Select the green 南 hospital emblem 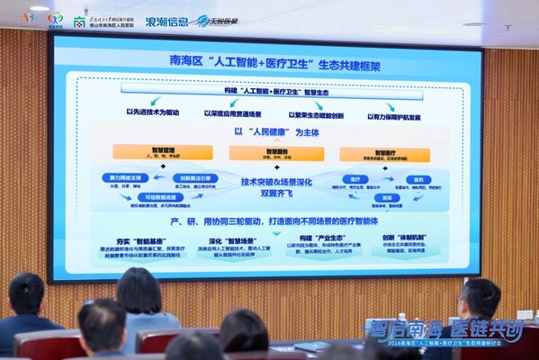pyautogui.click(x=79, y=20)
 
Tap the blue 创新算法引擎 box pyautogui.click(x=193, y=177)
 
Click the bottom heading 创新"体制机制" pyautogui.click(x=400, y=239)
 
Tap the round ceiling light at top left pyautogui.click(x=40, y=8)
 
